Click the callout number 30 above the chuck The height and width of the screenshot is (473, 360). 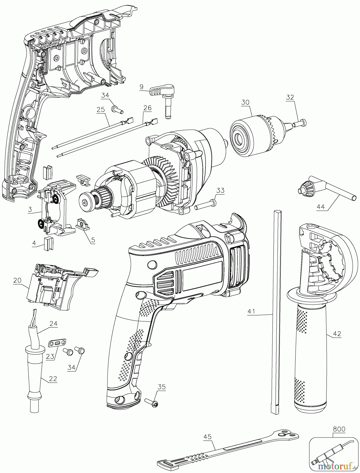[x=245, y=102]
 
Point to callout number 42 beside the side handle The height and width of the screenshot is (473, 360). [x=337, y=334]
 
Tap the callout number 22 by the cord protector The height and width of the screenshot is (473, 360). [x=53, y=379]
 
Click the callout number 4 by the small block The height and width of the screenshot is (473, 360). [x=34, y=243]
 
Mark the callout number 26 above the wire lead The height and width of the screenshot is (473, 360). [x=147, y=108]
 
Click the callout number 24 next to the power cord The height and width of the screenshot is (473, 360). [x=53, y=323]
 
